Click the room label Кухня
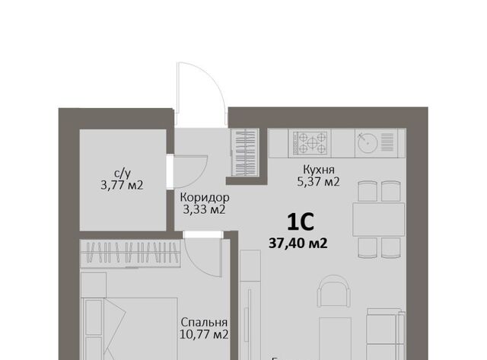[x=319, y=170]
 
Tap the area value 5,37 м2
[x=318, y=182]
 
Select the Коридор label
[x=205, y=198]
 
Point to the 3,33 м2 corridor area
[x=204, y=210]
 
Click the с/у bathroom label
[x=123, y=174]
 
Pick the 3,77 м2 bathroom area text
[x=122, y=186]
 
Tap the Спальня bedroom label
[x=204, y=322]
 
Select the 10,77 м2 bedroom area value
[x=204, y=335]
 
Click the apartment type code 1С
[x=301, y=222]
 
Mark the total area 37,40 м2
[x=298, y=244]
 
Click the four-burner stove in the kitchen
[x=310, y=144]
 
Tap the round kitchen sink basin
[x=368, y=143]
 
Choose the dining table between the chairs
[x=379, y=219]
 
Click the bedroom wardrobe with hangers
[x=130, y=253]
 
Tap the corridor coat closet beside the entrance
[x=245, y=152]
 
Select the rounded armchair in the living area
[x=334, y=291]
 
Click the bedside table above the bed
[x=94, y=285]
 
